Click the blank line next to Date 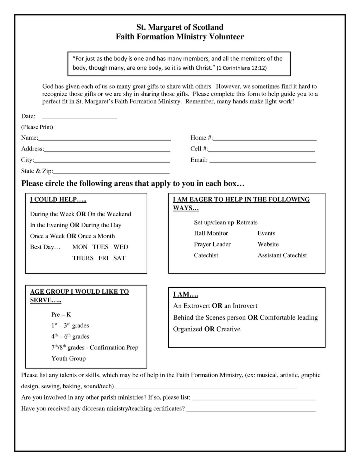coord(79,117)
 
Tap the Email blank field coord(263,160)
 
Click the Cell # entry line coord(261,149)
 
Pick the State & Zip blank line coord(111,172)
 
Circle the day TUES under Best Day coord(100,247)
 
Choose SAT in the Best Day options coord(119,258)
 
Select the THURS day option coord(83,258)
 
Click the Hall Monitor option coord(211,233)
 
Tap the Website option coord(268,244)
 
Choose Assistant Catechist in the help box coord(282,255)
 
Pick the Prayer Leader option coord(212,244)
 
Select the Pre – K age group coord(61,314)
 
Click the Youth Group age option coord(69,358)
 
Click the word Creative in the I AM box coord(228,329)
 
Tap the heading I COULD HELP coord(58,199)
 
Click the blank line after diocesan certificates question coord(251,409)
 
